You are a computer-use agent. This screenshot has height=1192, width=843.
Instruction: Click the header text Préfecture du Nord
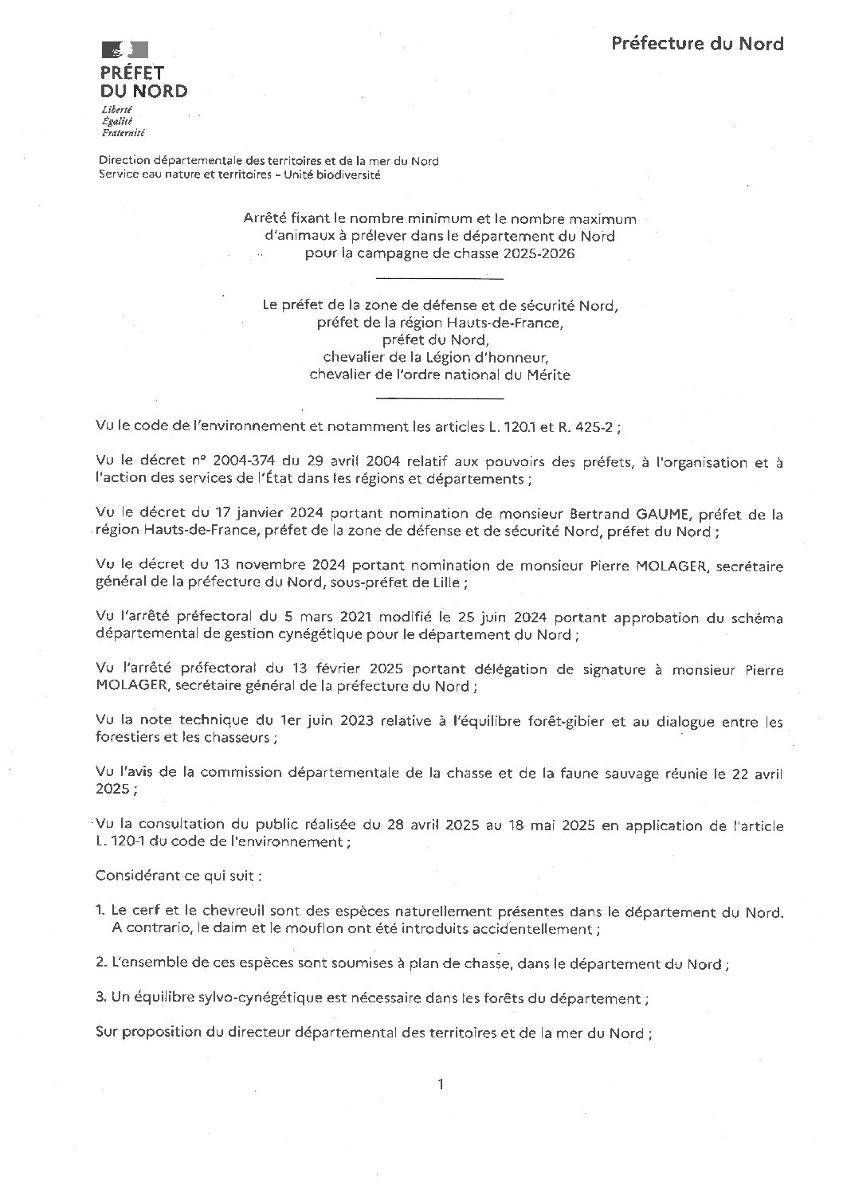click(x=697, y=44)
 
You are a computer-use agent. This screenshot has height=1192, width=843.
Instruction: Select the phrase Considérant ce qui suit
click(x=177, y=875)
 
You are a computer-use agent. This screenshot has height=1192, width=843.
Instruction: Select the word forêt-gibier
click(x=524, y=723)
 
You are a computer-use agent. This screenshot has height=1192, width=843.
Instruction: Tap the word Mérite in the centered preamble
click(x=549, y=374)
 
